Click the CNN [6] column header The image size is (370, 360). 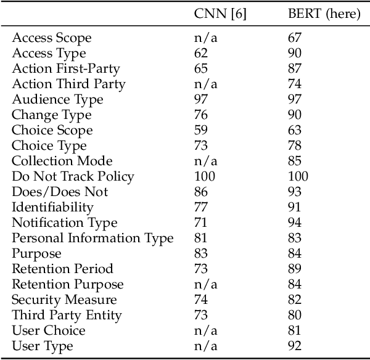[220, 15]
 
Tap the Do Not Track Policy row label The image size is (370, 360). [73, 177]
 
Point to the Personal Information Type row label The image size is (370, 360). [92, 239]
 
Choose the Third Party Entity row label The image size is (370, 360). [67, 316]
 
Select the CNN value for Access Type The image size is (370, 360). [201, 54]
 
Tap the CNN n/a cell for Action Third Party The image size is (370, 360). [204, 84]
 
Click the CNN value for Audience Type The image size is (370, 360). [201, 100]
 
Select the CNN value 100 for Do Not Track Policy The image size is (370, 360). [204, 177]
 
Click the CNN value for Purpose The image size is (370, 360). [201, 254]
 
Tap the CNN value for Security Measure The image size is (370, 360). [201, 300]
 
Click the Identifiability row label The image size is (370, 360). [52, 208]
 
